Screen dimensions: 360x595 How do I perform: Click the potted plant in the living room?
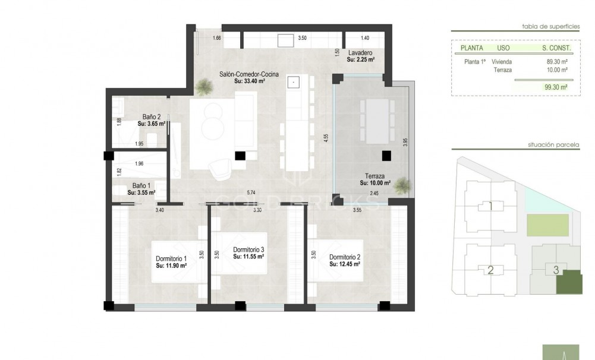click(x=203, y=88)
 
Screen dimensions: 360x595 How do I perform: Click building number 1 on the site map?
click(x=490, y=207)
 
